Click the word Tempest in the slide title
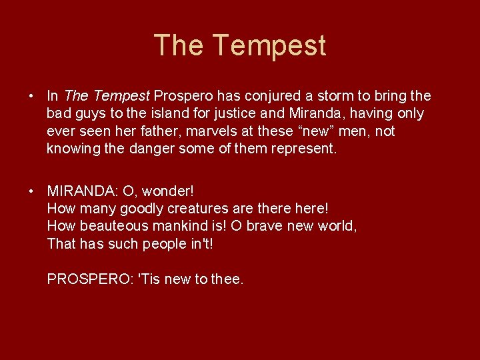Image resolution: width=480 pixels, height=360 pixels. (x=269, y=45)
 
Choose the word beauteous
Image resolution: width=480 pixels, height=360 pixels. (x=112, y=226)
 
